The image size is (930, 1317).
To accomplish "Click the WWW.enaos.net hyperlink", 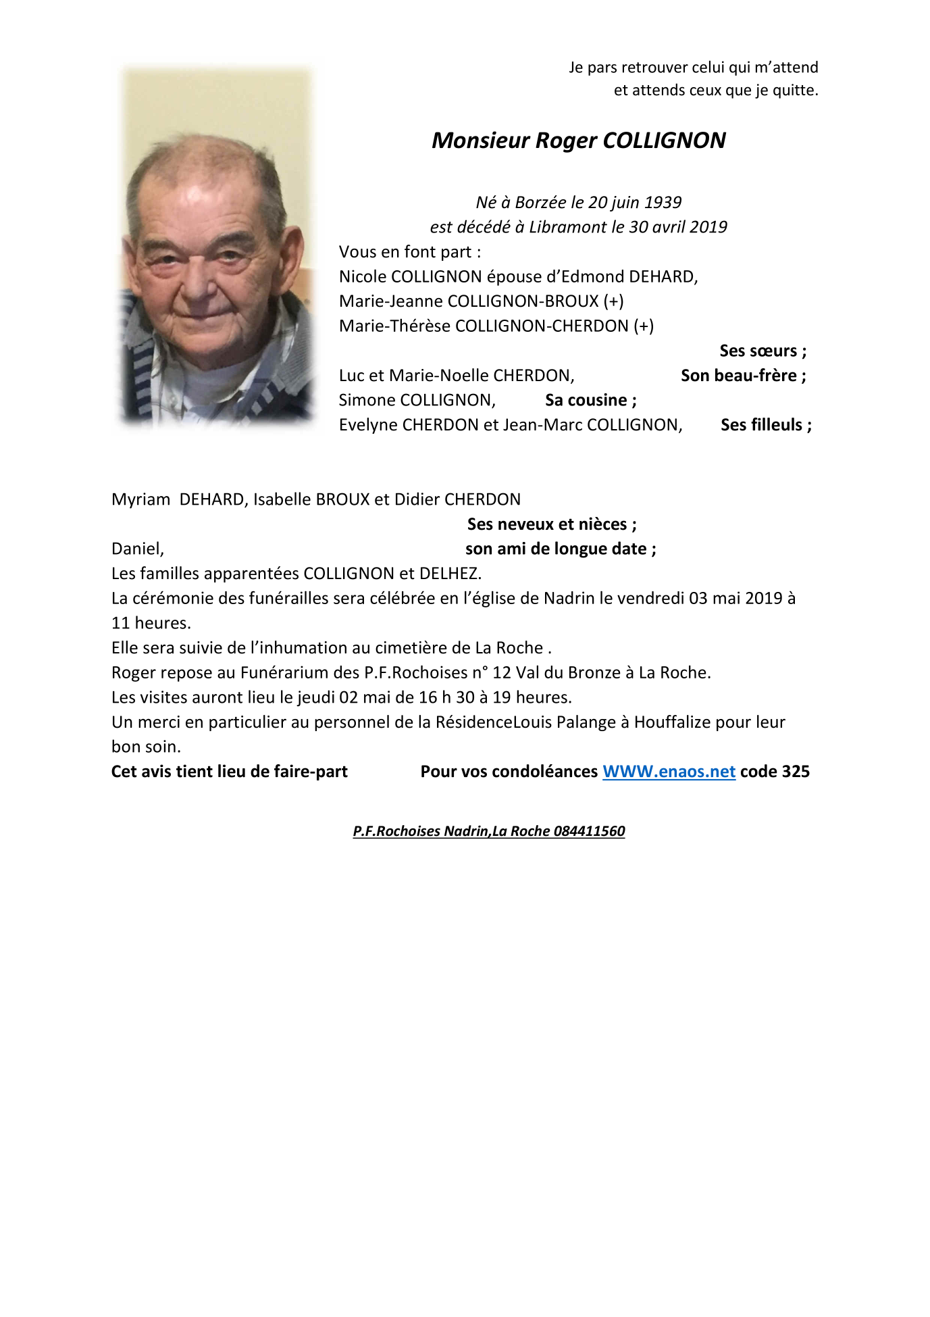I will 669,772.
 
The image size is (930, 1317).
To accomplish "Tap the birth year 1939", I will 663,203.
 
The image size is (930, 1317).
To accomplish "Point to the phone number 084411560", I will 590,831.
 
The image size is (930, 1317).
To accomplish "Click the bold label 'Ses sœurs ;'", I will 763,351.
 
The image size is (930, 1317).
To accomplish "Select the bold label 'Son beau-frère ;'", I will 743,376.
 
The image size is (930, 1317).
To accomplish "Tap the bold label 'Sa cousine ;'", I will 590,400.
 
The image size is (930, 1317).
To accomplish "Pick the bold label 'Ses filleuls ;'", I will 766,425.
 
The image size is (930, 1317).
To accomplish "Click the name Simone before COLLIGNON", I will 367,400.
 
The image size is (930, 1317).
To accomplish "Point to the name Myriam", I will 140,500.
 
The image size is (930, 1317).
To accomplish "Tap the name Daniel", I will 137,549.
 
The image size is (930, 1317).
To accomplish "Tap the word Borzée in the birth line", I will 540,203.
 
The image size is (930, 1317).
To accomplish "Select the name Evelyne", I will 368,425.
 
